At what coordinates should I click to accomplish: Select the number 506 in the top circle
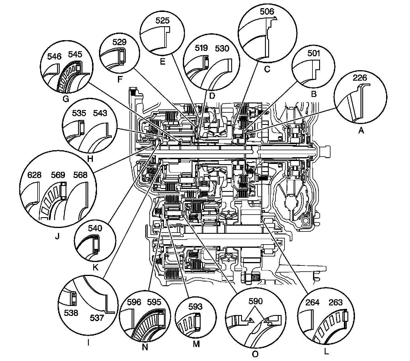[267, 12]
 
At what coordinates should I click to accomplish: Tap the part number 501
[313, 53]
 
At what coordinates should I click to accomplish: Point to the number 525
[162, 20]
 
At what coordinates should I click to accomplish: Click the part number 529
[120, 42]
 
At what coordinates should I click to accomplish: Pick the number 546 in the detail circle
[54, 56]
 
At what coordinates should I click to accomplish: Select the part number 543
[100, 113]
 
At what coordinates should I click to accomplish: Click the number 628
[34, 175]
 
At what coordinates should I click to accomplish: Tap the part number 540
[95, 228]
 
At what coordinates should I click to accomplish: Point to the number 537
[97, 318]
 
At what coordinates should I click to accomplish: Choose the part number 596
[134, 302]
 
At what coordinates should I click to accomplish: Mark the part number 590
[255, 301]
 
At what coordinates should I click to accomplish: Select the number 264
[312, 303]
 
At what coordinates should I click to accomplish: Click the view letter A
[361, 131]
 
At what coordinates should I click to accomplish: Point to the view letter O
[255, 354]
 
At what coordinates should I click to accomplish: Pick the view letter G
[66, 99]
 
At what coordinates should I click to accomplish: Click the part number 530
[222, 49]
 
